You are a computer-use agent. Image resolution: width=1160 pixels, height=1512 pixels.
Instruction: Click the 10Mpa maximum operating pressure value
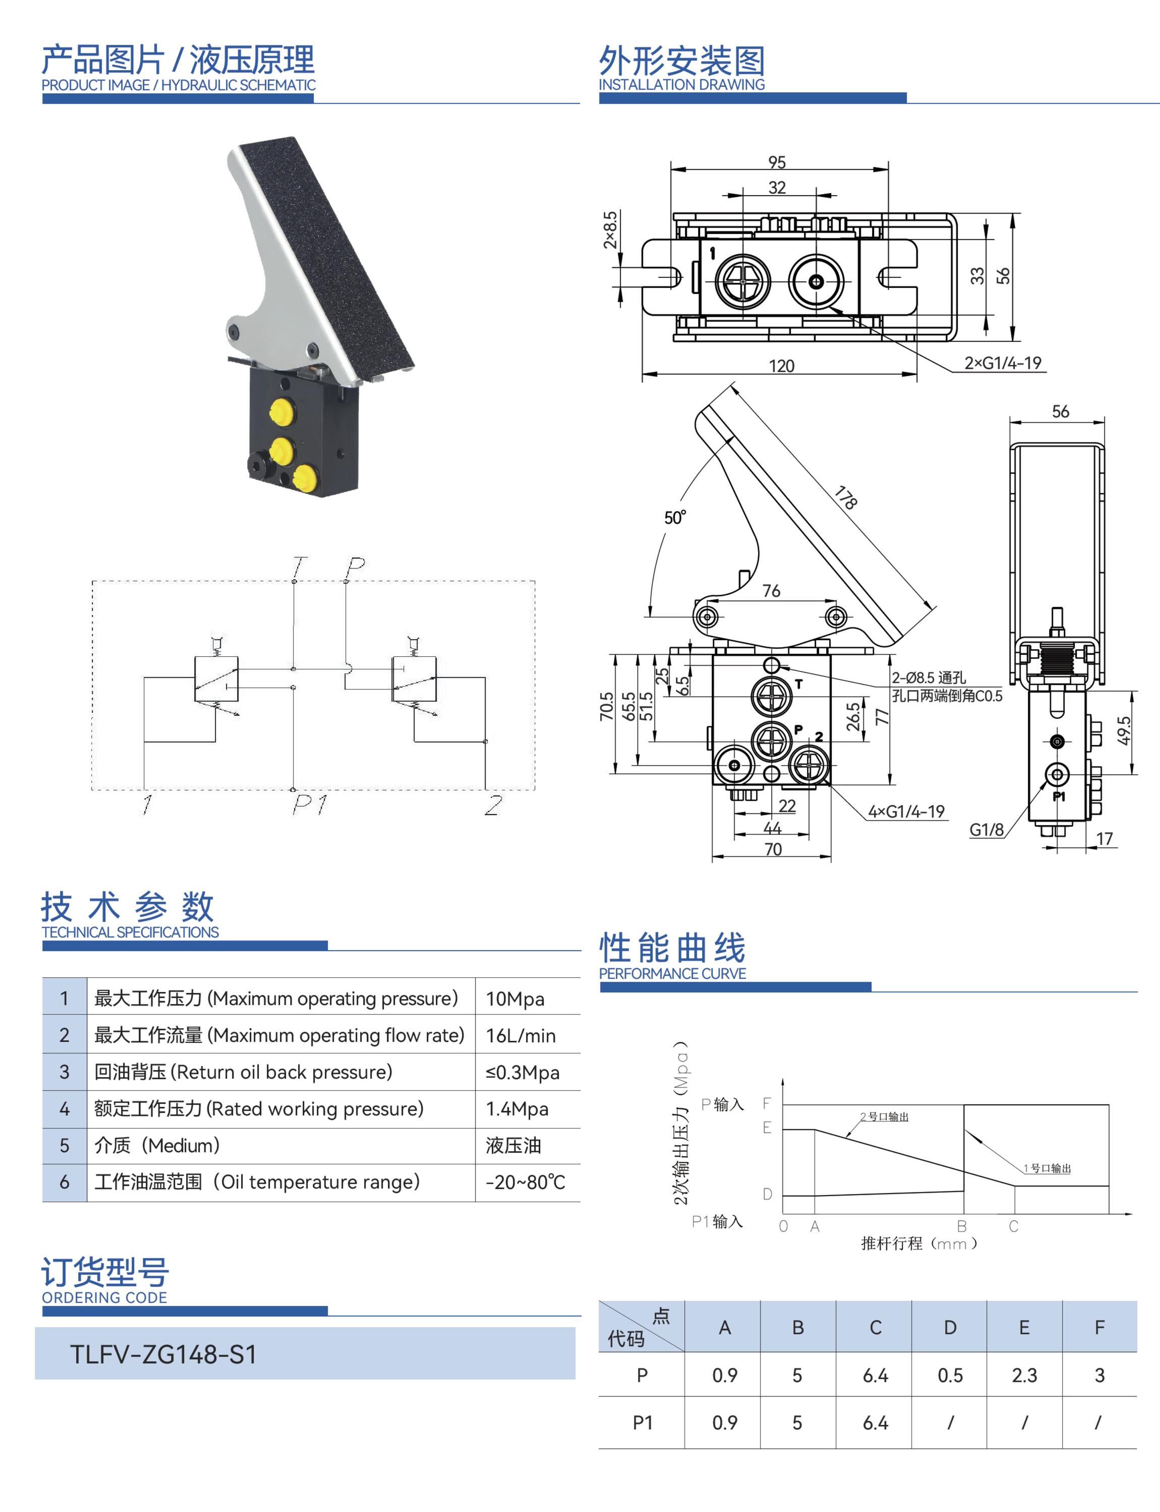(515, 998)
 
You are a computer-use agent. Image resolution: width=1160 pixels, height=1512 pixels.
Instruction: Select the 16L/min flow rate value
(520, 1035)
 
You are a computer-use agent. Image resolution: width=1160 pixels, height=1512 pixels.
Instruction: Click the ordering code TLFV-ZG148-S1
(163, 1354)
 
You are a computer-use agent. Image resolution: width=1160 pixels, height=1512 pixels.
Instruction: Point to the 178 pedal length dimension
(846, 497)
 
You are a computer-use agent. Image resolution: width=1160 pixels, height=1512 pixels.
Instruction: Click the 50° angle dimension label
(675, 518)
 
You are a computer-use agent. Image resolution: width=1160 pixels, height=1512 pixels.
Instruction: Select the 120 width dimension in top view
(782, 366)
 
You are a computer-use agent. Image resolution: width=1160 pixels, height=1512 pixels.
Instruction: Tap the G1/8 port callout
(987, 830)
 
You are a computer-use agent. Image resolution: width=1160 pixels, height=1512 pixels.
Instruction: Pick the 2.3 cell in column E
(1024, 1375)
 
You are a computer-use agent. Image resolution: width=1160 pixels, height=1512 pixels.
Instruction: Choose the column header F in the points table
(1099, 1327)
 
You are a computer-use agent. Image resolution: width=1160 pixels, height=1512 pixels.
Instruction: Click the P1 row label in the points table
(642, 1422)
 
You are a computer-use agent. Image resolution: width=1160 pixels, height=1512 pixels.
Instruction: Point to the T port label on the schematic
(298, 566)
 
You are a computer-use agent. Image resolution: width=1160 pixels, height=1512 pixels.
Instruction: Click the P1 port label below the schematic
(309, 804)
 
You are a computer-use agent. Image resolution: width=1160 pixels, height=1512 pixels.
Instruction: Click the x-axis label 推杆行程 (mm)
(919, 1243)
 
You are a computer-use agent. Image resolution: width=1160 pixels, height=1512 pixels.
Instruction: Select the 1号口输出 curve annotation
(1048, 1168)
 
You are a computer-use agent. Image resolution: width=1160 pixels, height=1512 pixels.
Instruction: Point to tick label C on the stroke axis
(1014, 1226)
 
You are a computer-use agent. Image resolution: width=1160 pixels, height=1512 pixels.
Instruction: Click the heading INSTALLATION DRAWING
(681, 84)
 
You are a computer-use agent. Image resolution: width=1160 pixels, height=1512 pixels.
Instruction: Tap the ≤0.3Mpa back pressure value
(522, 1073)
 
